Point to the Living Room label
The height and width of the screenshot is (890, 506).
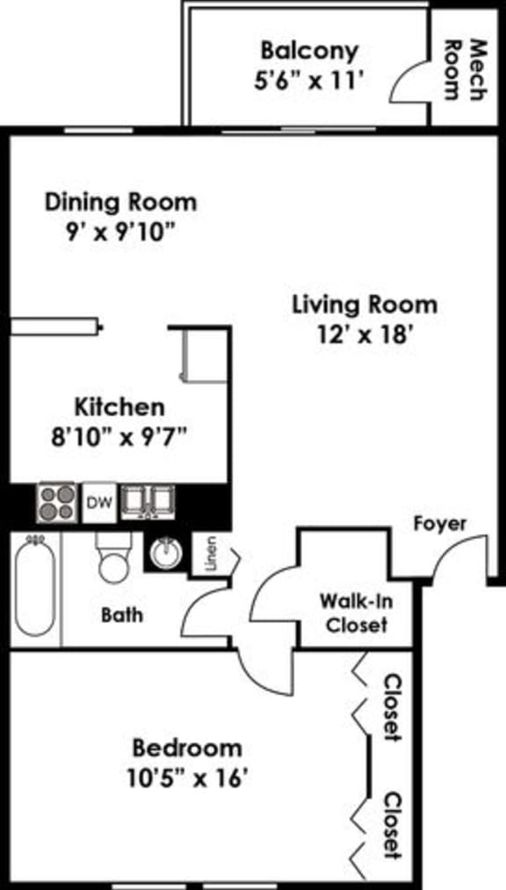point(364,305)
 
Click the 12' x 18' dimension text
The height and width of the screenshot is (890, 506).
point(364,335)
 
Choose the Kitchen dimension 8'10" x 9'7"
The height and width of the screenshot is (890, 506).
point(119,437)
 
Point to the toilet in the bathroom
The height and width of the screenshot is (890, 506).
point(114,557)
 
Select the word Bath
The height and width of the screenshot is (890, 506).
point(121,614)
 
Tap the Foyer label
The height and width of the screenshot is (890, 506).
point(440,524)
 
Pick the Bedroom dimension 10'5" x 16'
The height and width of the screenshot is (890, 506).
point(186,778)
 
